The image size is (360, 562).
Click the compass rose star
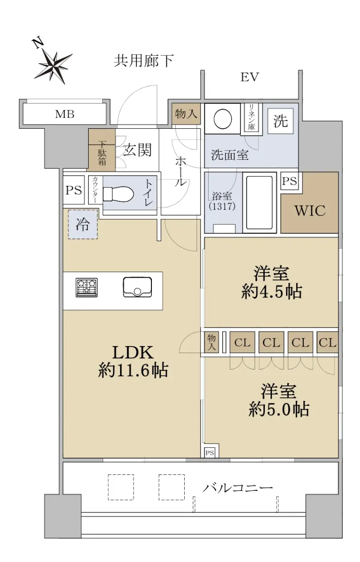pyautogui.click(x=54, y=66)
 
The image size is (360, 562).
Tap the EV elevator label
pyautogui.click(x=249, y=77)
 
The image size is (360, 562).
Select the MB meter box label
pyautogui.click(x=65, y=114)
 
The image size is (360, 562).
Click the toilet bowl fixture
pyautogui.click(x=118, y=194)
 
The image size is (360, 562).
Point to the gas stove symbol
pyautogui.click(x=87, y=288)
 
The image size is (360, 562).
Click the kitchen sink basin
pyautogui.click(x=137, y=287)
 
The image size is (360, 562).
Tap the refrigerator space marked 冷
pyautogui.click(x=83, y=224)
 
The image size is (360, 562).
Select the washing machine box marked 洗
pyautogui.click(x=280, y=121)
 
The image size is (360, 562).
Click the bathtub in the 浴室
pyautogui.click(x=259, y=203)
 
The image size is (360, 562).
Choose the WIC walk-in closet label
pyautogui.click(x=310, y=211)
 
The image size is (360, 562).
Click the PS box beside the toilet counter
pyautogui.click(x=74, y=190)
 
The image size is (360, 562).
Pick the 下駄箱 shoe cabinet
pyautogui.click(x=101, y=150)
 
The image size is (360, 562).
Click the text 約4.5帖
pyautogui.click(x=271, y=291)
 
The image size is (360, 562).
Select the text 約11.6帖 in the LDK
pyautogui.click(x=133, y=370)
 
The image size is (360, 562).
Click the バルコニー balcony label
pyautogui.click(x=238, y=488)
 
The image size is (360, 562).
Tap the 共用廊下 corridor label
pyautogui.click(x=144, y=61)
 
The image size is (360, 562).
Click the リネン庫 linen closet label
pyautogui.click(x=252, y=118)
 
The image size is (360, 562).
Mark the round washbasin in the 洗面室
pyautogui.click(x=223, y=118)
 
